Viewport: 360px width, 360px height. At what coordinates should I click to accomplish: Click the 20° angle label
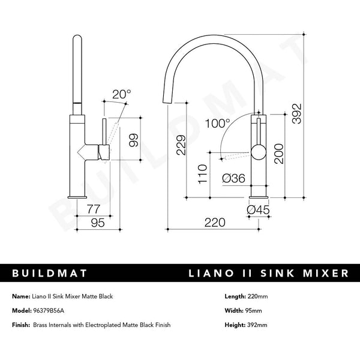point(121,94)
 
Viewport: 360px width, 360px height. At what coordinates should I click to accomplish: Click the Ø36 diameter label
point(233,178)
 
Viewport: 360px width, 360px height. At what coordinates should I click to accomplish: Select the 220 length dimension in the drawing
point(215,222)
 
